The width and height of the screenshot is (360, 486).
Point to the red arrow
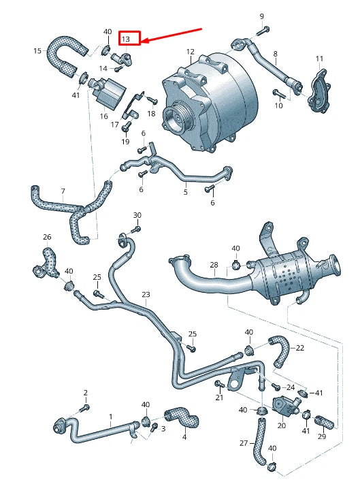point(172,36)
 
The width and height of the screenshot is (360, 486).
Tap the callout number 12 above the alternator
point(190,52)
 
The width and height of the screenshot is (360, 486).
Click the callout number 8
point(275,53)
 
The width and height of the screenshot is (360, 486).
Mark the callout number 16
point(103,116)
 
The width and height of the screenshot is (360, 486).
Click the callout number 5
point(185,193)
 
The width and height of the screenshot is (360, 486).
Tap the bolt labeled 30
point(133,229)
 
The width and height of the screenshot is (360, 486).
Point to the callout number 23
point(146,294)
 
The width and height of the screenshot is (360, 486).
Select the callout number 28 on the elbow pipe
point(213,264)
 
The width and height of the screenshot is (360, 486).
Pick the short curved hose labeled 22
point(281,350)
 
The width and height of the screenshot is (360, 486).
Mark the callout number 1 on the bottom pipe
point(110,415)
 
